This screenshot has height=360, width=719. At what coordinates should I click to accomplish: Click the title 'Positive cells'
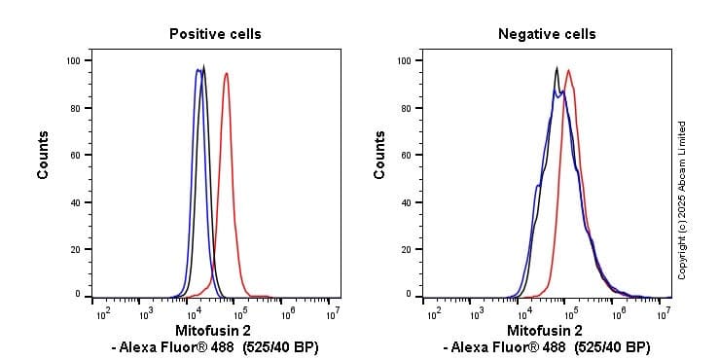click(215, 34)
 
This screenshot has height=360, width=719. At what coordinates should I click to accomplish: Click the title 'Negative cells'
click(547, 34)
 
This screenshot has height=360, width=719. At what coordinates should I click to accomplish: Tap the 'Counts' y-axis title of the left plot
click(44, 155)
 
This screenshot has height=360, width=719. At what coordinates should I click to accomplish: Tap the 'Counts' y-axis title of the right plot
click(379, 155)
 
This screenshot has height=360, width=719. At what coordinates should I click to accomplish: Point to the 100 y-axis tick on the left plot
click(72, 60)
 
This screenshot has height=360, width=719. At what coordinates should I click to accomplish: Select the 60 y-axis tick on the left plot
click(75, 155)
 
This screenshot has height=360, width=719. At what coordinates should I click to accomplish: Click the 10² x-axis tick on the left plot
click(102, 313)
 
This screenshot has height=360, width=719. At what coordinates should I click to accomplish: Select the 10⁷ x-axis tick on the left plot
click(333, 313)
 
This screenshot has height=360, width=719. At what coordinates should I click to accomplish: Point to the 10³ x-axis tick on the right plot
click(477, 313)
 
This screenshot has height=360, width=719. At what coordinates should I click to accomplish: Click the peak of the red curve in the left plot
click(227, 73)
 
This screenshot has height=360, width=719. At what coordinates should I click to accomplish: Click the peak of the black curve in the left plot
click(203, 67)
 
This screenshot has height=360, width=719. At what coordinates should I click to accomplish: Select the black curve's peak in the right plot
click(556, 67)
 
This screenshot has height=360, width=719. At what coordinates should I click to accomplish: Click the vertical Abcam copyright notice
click(682, 199)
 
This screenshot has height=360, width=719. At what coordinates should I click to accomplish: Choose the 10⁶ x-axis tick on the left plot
click(288, 313)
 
